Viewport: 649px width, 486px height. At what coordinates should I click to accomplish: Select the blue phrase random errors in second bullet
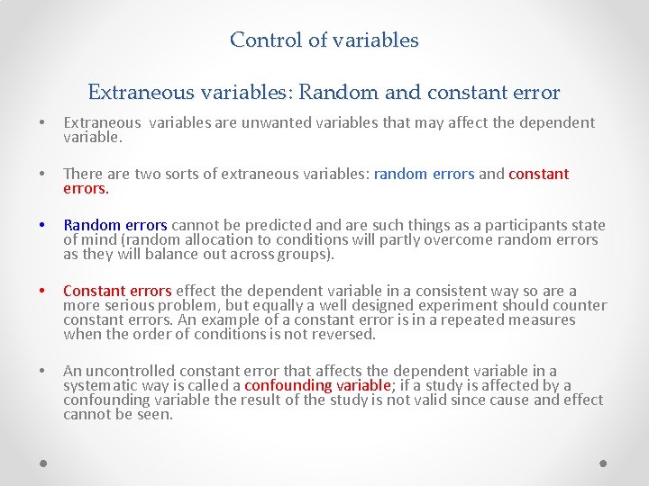(424, 174)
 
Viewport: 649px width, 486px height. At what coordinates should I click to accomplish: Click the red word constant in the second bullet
(539, 174)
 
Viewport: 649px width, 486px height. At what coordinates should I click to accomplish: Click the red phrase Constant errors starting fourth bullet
(117, 291)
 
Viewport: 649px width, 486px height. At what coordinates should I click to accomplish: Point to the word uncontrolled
(133, 371)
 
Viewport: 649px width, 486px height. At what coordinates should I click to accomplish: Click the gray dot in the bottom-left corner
(44, 463)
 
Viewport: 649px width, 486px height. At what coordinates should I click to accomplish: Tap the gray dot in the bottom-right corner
(604, 463)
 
